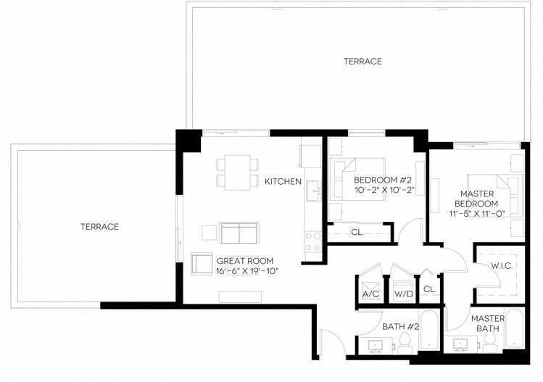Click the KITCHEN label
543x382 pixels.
(x=283, y=181)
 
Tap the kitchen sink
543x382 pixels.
(x=313, y=192)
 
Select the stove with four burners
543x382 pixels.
(x=313, y=241)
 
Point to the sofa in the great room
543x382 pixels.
(x=239, y=233)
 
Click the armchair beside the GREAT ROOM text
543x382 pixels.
(x=201, y=263)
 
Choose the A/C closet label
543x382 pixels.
(x=370, y=294)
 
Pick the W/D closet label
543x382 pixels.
(x=402, y=294)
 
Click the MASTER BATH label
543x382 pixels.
(x=487, y=323)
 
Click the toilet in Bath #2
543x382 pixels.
(x=407, y=340)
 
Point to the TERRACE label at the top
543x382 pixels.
(x=362, y=62)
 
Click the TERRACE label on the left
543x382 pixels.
(x=99, y=227)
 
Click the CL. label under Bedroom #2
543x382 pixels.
(x=357, y=233)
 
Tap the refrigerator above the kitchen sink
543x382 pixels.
(x=311, y=155)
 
